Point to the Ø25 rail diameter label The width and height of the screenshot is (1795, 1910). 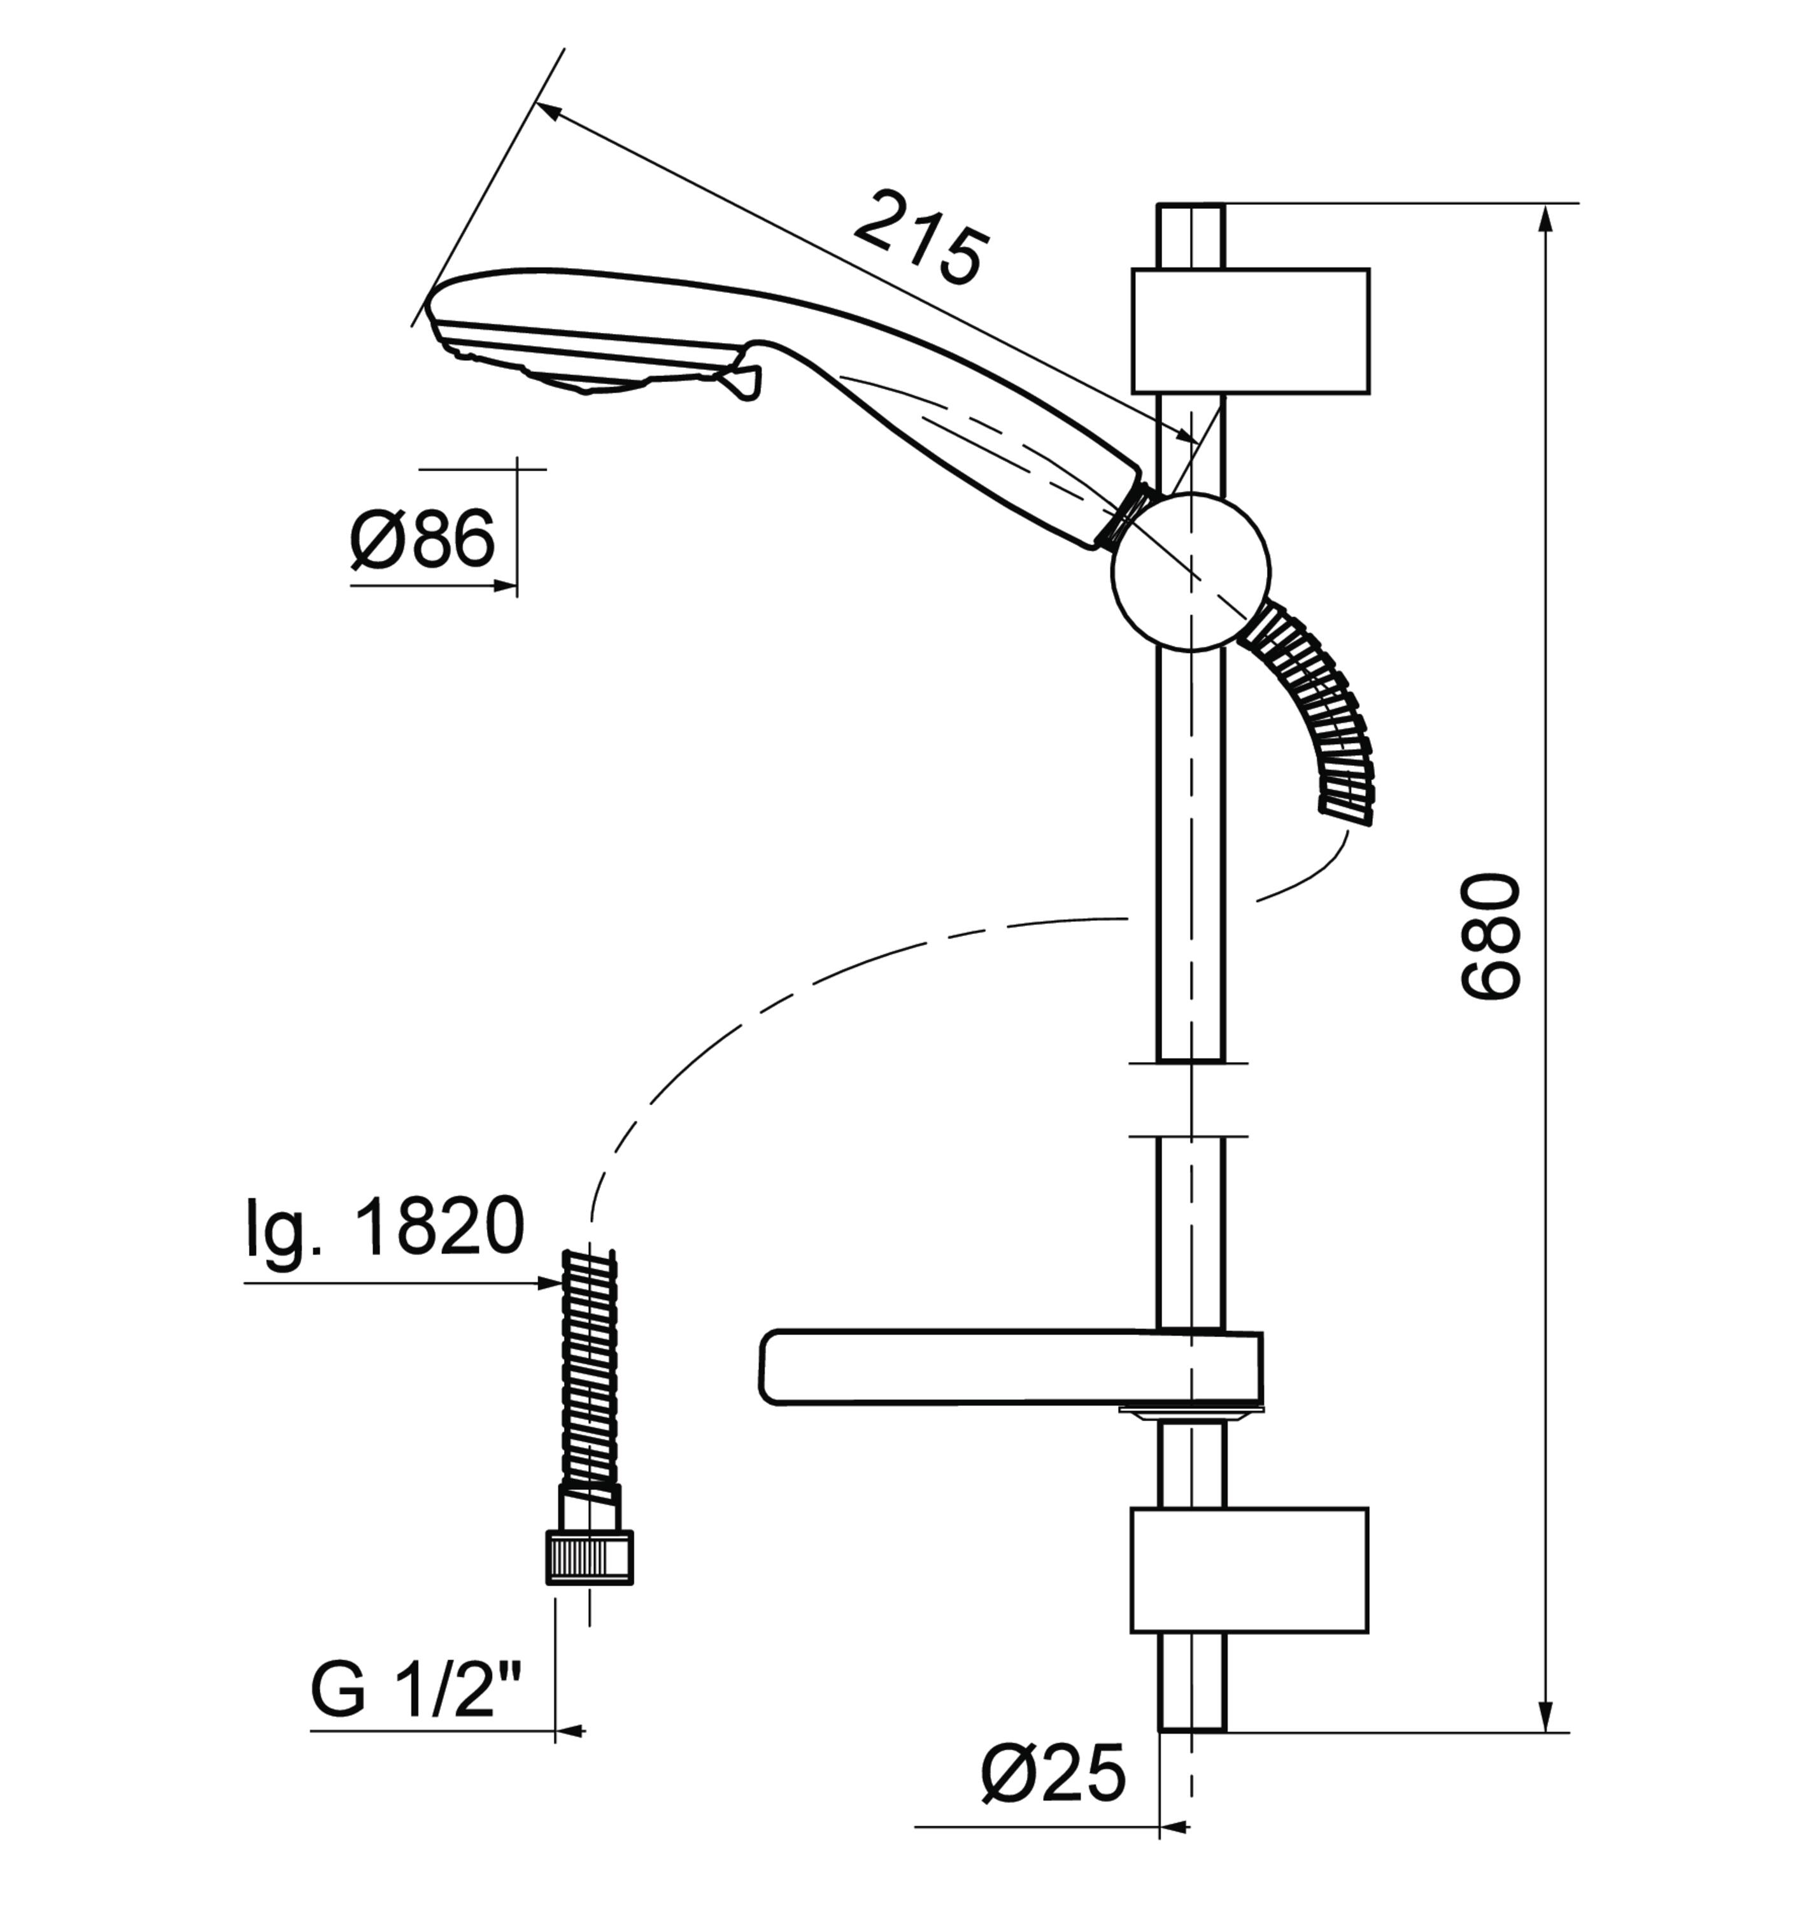click(1053, 1774)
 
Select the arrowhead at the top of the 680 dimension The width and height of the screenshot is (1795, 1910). click(1545, 221)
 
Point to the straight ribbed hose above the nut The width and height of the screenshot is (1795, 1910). click(588, 1369)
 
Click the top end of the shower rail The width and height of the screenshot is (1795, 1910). click(1191, 204)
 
